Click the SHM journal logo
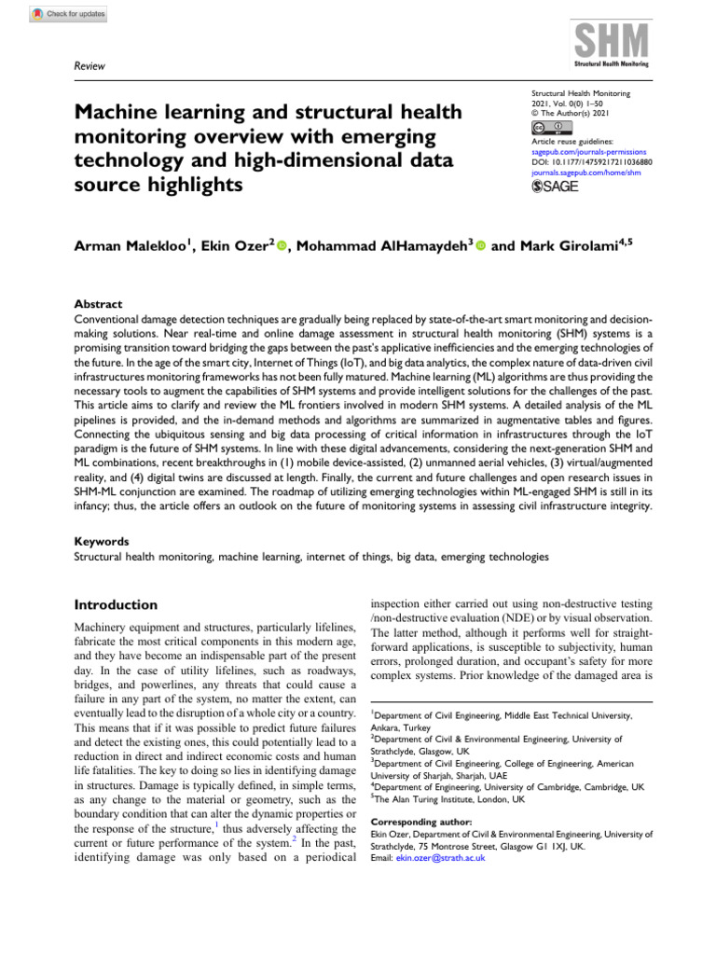610,45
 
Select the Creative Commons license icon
547,128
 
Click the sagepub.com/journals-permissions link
588,151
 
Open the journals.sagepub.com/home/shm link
588,171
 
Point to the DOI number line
591,160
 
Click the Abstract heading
98,304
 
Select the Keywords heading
102,541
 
